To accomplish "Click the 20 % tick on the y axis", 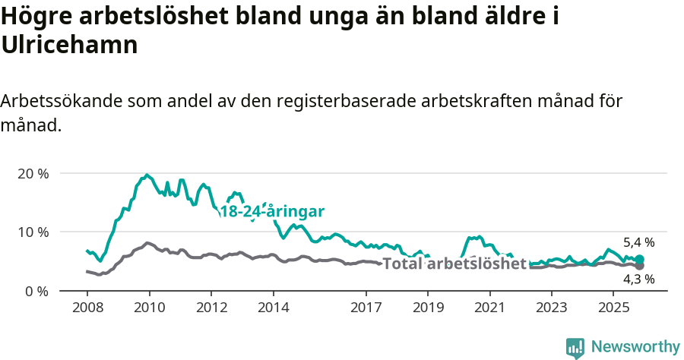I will click(32, 173).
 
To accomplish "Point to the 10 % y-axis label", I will click(32, 232).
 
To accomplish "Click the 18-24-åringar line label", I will click(272, 212).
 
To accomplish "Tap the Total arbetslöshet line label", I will click(454, 264).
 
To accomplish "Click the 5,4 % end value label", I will click(639, 243).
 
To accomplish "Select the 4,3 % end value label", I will click(639, 279).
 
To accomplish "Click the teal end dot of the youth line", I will click(639, 260).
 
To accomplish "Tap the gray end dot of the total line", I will click(639, 266).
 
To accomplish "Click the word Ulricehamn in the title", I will click(69, 45).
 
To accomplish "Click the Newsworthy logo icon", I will click(575, 347).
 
